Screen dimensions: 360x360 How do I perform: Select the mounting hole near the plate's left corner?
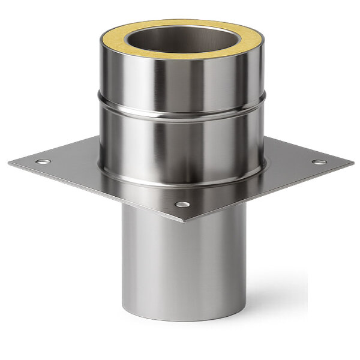43,161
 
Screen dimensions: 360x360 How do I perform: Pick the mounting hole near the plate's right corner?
319,162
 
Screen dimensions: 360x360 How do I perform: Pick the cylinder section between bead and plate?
180,144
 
